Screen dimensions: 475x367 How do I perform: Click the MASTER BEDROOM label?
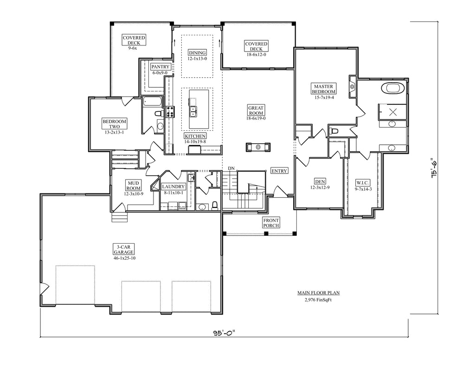(324, 89)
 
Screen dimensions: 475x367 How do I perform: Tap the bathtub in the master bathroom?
(393, 89)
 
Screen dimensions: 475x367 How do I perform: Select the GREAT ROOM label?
(256, 110)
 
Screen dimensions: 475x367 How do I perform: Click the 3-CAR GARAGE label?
(123, 250)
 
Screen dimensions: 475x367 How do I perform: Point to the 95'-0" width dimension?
(225, 333)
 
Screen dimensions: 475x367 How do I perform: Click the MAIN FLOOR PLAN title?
(318, 293)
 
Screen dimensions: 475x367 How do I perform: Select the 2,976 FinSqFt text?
(318, 300)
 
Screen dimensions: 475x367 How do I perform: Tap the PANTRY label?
(160, 67)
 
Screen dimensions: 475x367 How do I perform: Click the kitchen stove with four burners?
(170, 112)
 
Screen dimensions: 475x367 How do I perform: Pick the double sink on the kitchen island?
(193, 112)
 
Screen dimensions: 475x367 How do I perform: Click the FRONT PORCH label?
(271, 223)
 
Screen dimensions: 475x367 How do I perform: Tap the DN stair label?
(231, 168)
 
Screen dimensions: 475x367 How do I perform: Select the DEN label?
(320, 181)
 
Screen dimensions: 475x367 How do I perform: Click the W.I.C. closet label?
(363, 183)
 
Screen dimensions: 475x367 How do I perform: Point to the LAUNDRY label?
(173, 187)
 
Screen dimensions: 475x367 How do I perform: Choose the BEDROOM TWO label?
(114, 124)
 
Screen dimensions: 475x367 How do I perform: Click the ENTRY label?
(279, 171)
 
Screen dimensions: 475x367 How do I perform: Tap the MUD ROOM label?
(133, 186)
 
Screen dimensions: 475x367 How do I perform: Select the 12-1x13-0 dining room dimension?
(197, 58)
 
